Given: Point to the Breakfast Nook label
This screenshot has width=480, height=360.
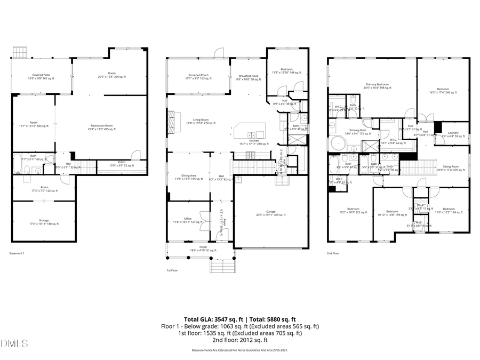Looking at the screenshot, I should (247, 76).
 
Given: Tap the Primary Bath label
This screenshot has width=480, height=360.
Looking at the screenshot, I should (357, 132).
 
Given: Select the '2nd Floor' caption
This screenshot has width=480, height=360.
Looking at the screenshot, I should (334, 253).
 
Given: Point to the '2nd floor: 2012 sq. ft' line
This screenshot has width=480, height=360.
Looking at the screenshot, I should (239, 340).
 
